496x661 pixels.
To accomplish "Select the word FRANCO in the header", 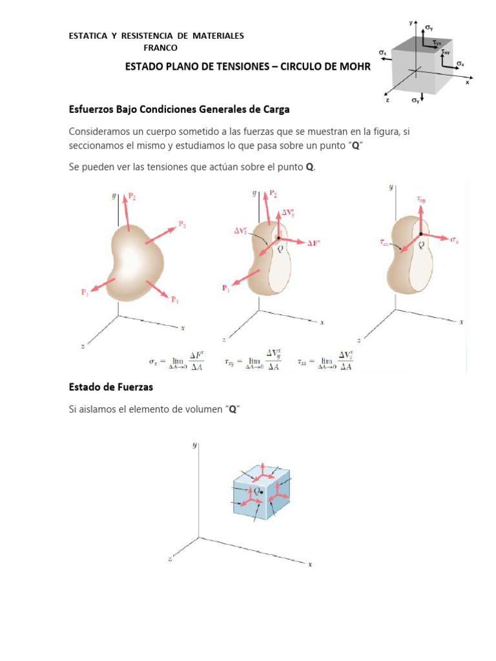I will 160,48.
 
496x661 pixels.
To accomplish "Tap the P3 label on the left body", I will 182,225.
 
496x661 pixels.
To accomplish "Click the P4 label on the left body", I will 174,300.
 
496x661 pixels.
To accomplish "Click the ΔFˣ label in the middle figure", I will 314,243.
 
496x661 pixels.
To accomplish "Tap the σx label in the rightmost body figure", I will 454,239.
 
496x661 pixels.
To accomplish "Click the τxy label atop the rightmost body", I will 421,201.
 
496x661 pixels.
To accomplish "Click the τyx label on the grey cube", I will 438,43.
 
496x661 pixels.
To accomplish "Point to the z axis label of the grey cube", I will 387,101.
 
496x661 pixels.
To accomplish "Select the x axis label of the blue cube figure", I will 310,564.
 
